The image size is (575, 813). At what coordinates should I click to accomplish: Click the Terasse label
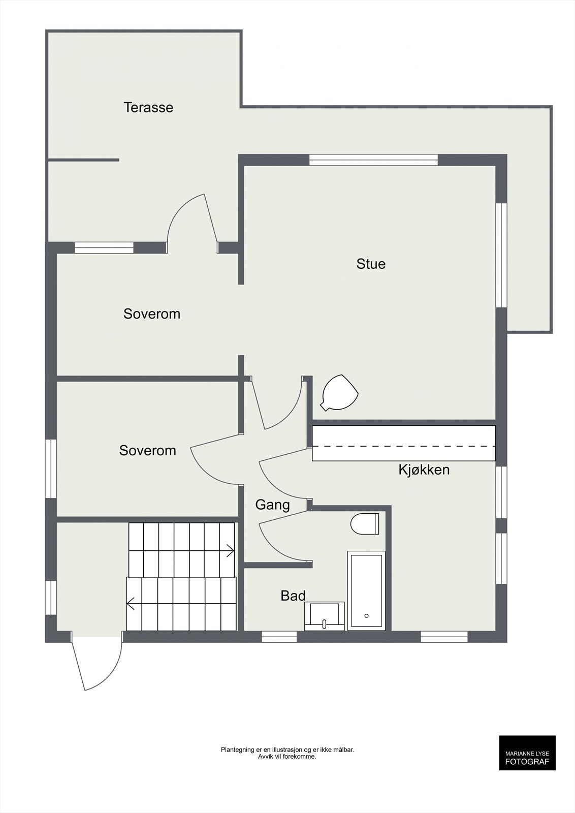148,107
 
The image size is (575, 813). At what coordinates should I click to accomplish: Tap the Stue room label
371,264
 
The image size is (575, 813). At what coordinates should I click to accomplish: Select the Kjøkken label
424,470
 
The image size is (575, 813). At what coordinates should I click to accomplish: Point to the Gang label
272,505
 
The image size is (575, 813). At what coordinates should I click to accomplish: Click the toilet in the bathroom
365,524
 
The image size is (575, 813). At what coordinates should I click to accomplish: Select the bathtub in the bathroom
366,590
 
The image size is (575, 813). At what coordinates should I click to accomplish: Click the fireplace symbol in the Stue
339,393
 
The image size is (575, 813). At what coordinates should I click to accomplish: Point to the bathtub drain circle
366,616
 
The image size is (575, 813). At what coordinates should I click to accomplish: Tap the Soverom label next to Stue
152,314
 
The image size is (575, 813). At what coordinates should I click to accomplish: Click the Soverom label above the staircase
148,450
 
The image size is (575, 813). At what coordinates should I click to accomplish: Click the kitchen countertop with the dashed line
404,443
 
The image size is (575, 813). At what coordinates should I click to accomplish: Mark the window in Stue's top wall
373,160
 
